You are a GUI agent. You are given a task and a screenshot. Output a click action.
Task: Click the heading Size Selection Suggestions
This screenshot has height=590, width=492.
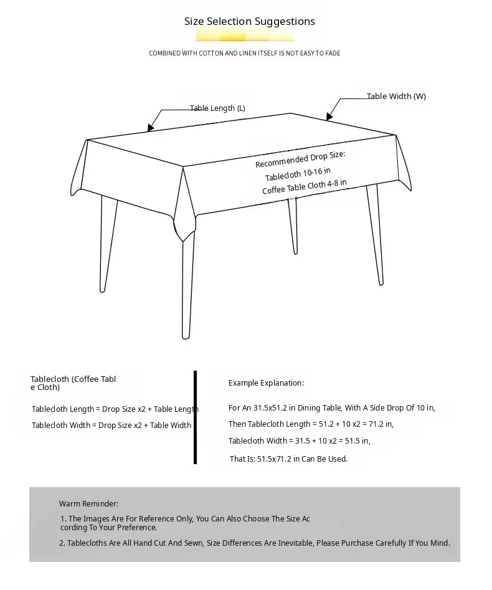pos(249,22)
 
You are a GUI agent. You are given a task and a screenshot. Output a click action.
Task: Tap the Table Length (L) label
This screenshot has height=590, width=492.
pos(217,108)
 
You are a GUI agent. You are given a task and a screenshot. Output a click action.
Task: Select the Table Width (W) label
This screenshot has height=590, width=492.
pos(396,97)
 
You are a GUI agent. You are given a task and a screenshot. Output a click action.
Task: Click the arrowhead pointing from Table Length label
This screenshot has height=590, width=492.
pos(150,128)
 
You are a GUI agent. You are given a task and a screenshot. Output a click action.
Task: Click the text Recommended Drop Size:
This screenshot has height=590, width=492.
pos(300,159)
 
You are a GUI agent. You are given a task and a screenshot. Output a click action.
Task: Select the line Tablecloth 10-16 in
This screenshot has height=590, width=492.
pos(298,173)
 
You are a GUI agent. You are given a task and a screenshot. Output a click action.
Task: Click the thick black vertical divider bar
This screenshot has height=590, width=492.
pos(195,417)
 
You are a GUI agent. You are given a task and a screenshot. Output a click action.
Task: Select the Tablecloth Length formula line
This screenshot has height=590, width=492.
pos(115,409)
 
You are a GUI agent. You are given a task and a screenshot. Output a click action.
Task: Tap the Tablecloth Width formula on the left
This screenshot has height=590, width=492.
pos(111,426)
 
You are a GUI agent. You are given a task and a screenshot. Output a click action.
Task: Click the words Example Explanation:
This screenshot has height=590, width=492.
pos(266,383)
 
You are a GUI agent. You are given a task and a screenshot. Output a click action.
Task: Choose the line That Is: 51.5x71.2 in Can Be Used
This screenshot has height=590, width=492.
pos(288,459)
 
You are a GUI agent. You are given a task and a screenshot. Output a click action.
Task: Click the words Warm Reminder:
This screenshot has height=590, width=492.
pos(88,504)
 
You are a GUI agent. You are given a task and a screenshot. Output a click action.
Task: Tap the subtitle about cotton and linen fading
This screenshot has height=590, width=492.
pos(244,54)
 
